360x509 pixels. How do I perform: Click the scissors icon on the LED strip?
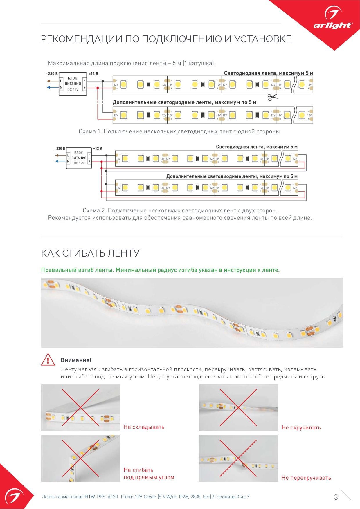pyautogui.click(x=272, y=97)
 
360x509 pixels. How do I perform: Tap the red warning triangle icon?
pyautogui.click(x=48, y=360)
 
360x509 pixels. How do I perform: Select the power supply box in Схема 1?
pyautogui.click(x=73, y=84)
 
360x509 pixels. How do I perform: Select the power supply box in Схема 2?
pyautogui.click(x=79, y=158)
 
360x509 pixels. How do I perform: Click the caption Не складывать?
pyautogui.click(x=144, y=427)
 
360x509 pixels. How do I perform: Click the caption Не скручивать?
pyautogui.click(x=301, y=427)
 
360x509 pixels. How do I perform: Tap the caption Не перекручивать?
pyautogui.click(x=306, y=478)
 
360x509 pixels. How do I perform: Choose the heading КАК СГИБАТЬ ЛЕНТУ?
pyautogui.click(x=90, y=253)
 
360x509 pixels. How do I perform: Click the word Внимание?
pyautogui.click(x=76, y=360)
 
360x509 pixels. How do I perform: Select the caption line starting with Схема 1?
pyautogui.click(x=180, y=131)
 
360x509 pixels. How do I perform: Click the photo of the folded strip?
pyautogui.click(x=80, y=407)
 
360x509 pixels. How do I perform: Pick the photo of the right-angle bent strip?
pyautogui.click(x=80, y=458)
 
